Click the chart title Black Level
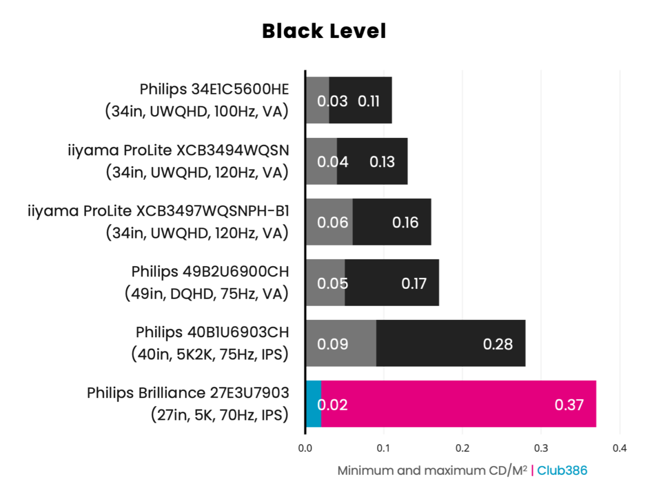[324, 31]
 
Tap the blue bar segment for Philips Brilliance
[313, 404]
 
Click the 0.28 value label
[498, 344]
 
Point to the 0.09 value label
[333, 344]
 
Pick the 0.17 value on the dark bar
[414, 283]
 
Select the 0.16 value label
[405, 223]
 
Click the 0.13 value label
[382, 162]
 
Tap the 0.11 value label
[369, 101]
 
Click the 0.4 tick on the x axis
[619, 449]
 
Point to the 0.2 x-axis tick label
[462, 449]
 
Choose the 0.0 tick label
[305, 449]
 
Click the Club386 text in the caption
[562, 470]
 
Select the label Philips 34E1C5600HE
[215, 89]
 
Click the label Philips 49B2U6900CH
[210, 271]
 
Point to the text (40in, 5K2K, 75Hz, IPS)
[210, 355]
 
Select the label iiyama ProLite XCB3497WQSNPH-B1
[158, 211]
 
